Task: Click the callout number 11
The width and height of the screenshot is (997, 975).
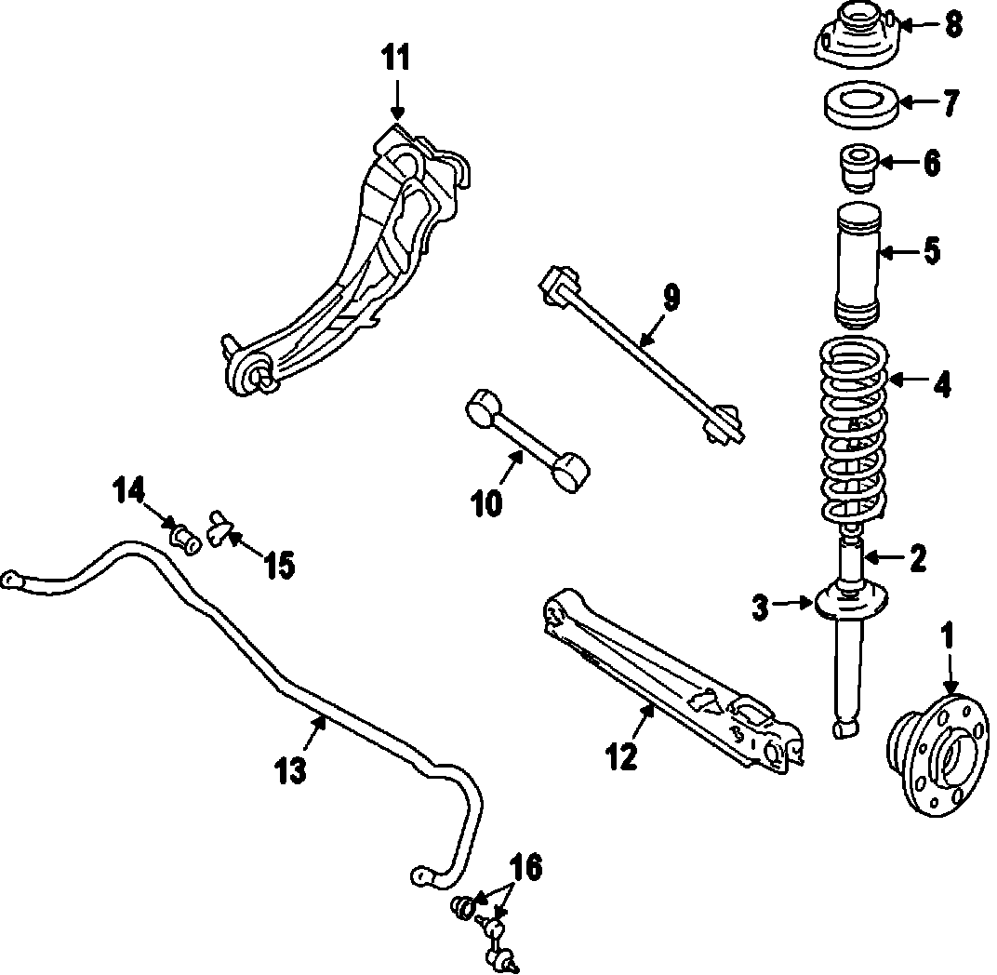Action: click(395, 59)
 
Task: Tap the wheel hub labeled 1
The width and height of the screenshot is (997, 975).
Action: click(931, 750)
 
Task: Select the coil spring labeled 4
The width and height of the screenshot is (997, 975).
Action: click(854, 433)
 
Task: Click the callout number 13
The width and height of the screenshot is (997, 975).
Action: click(291, 771)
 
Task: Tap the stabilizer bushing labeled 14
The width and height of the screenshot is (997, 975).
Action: click(184, 538)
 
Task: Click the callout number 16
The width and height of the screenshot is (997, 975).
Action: click(525, 868)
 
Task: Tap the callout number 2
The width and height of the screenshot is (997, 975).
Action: click(918, 558)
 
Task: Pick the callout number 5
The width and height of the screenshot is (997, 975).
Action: click(929, 251)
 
